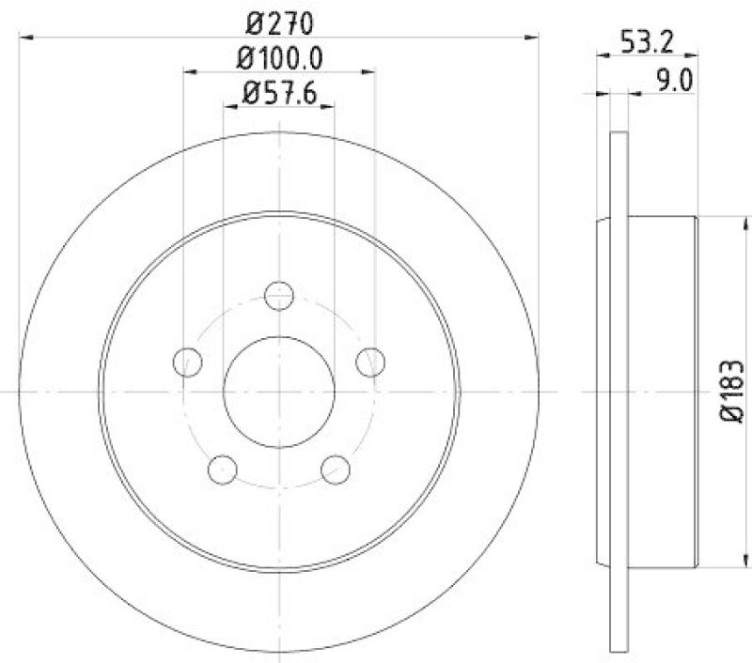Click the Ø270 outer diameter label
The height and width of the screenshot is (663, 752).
point(279,21)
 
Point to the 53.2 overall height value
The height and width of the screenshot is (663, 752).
point(646,41)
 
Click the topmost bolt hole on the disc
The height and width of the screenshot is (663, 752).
point(279,295)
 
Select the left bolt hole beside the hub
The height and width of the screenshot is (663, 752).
point(188,361)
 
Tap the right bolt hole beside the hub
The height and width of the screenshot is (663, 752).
point(371,361)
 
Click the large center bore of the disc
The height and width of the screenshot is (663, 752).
point(279,391)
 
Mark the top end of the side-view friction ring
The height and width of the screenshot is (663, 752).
point(618,136)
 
